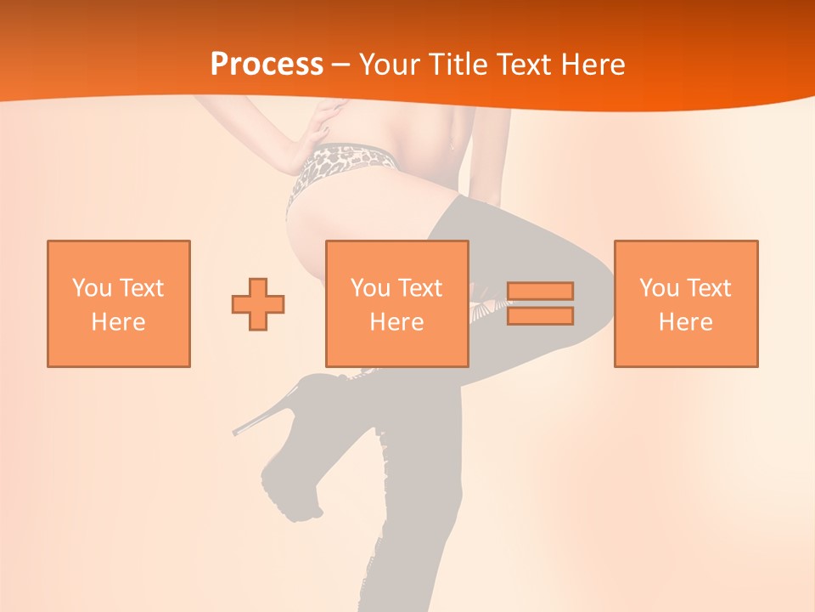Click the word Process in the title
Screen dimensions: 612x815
267,65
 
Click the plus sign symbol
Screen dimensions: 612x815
258,303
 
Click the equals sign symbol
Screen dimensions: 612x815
540,303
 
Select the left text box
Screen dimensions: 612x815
119,303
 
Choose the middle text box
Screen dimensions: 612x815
397,303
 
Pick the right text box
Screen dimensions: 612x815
686,303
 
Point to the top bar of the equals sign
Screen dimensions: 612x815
540,292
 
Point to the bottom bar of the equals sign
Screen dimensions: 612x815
540,316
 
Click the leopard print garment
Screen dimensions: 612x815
340,166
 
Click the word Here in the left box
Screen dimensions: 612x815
118,322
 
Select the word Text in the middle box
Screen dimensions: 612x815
419,288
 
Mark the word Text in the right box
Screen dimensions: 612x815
708,288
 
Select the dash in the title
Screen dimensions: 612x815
340,65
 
